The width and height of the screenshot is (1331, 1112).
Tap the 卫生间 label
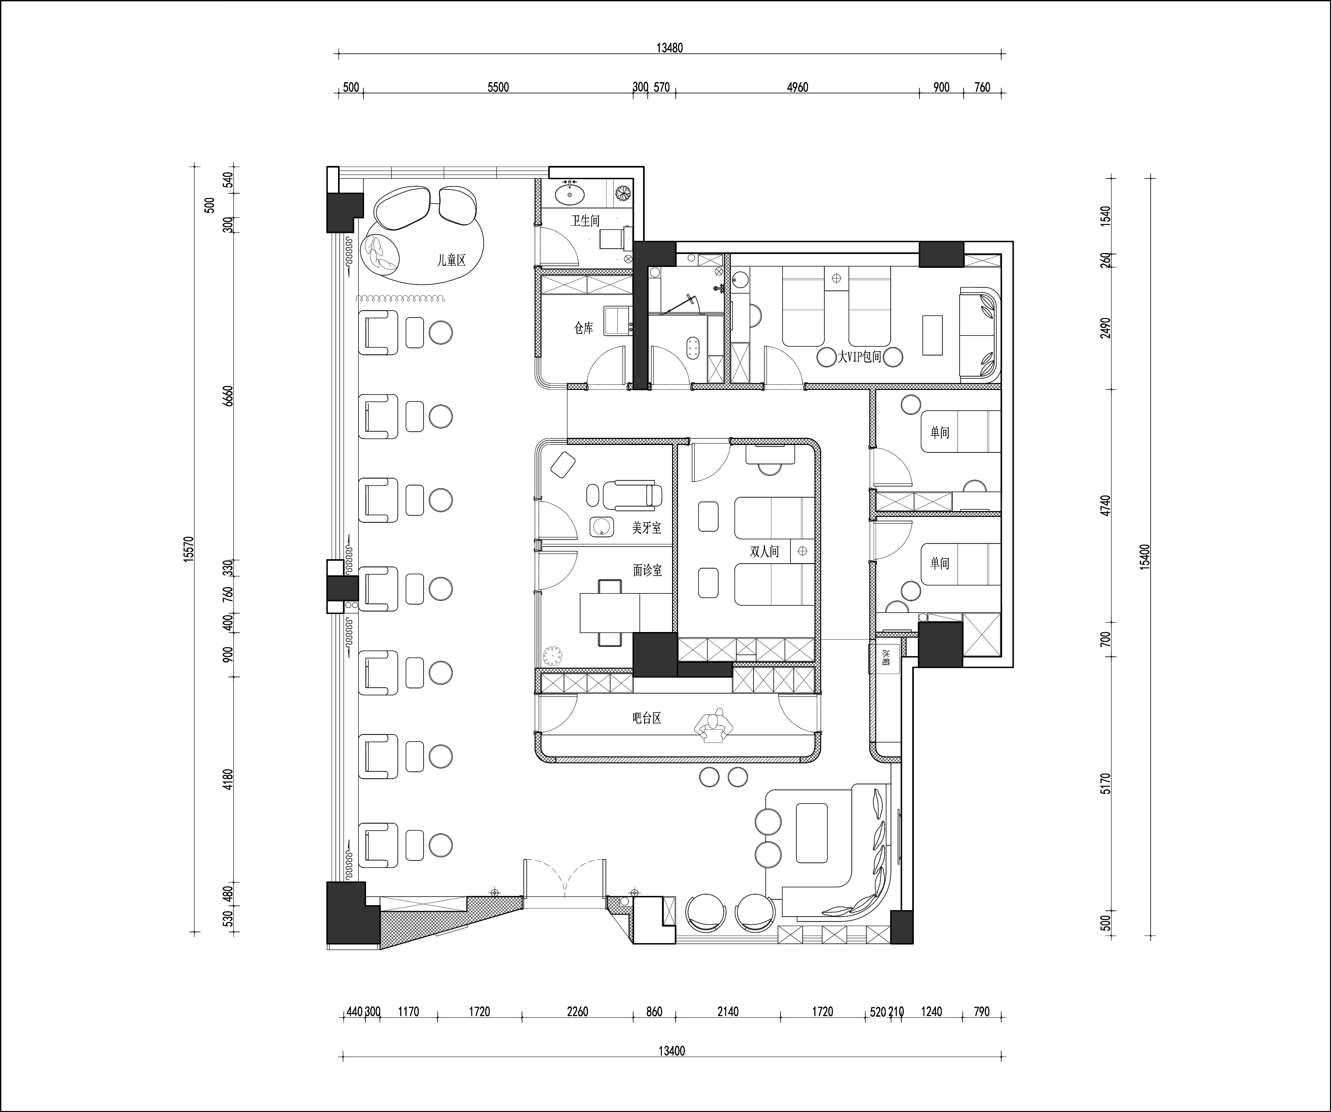coord(585,221)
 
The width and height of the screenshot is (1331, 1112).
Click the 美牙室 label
coord(646,527)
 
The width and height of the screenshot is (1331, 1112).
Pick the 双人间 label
coord(764,552)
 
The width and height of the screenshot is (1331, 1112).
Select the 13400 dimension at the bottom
coord(671,1051)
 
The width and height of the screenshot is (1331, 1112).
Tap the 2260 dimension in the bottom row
coord(577,1012)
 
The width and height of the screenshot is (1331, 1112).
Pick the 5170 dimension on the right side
coord(1106,783)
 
